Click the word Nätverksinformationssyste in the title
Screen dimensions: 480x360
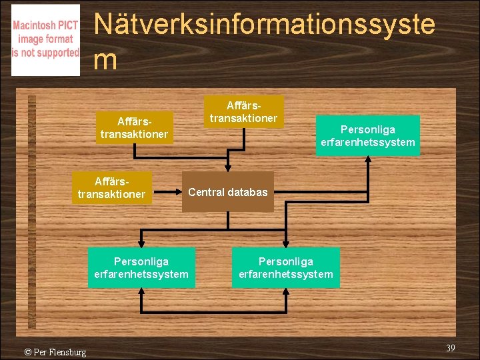[x=265, y=25]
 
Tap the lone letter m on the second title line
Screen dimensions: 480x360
[x=106, y=60]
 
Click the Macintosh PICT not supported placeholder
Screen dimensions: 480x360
[x=45, y=41]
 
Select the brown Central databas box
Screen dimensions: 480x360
[x=228, y=192]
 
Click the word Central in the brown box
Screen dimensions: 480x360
[x=207, y=192]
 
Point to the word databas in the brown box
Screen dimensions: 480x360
[x=247, y=192]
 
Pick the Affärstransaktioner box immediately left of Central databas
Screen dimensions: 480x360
[x=111, y=188]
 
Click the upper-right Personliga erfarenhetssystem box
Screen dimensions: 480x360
[x=367, y=135]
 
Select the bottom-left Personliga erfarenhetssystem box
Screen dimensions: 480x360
[x=141, y=267]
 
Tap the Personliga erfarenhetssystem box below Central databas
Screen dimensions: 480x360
[x=285, y=267]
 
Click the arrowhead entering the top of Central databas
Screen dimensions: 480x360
[x=228, y=167]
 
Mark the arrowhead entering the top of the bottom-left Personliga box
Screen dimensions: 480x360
[x=141, y=243]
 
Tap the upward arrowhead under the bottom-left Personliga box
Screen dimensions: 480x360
[x=141, y=293]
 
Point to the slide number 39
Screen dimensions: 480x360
[x=450, y=349]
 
